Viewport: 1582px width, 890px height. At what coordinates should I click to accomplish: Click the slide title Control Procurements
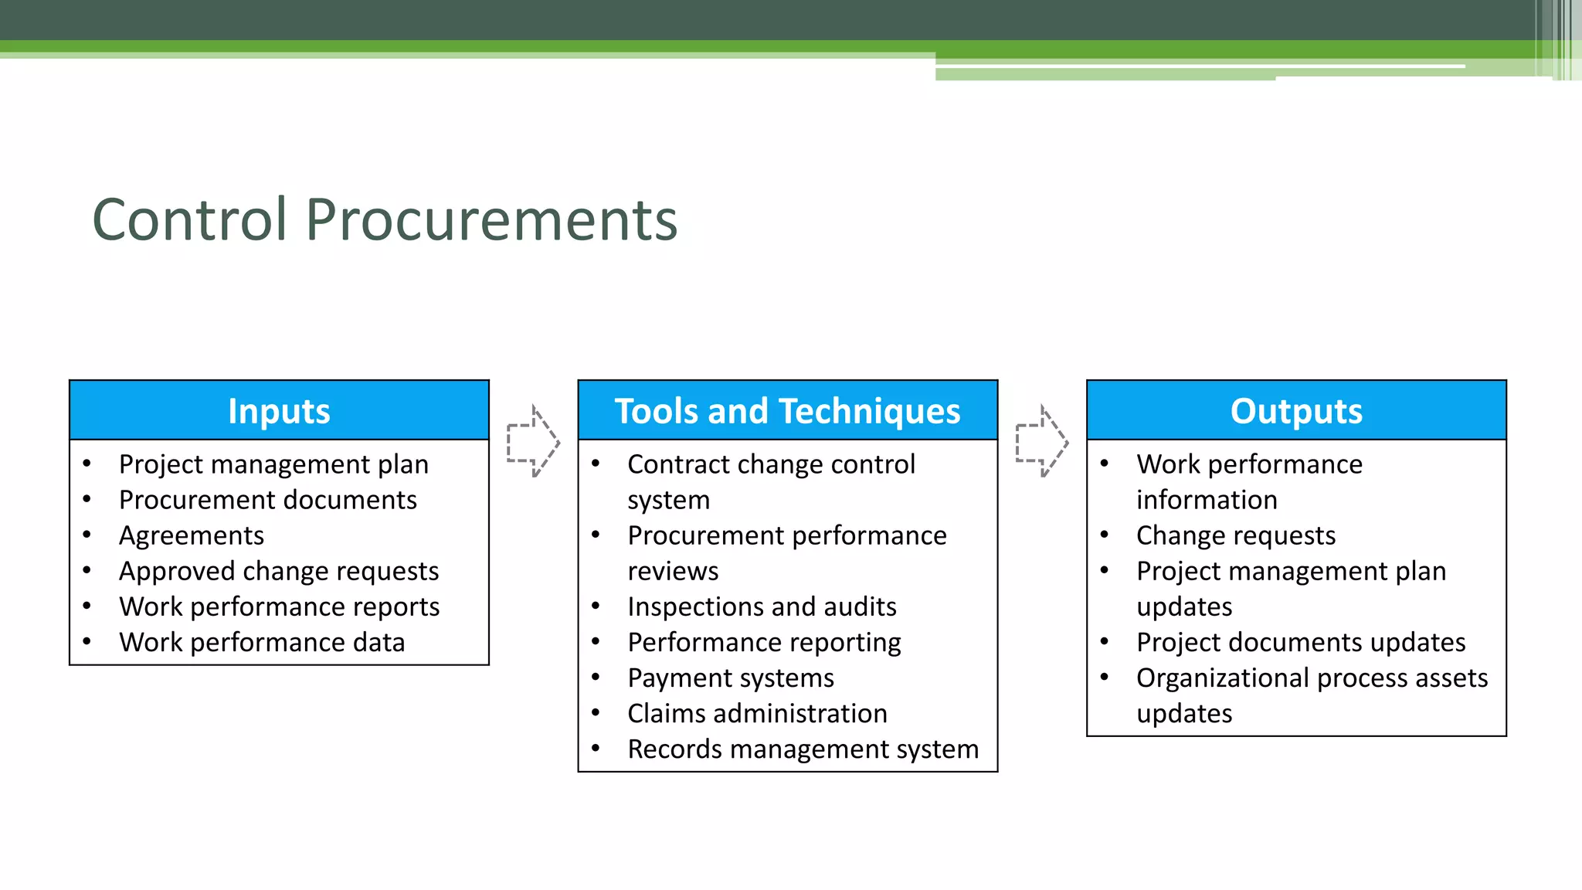[x=385, y=220]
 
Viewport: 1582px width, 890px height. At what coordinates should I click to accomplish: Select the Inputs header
[x=279, y=411]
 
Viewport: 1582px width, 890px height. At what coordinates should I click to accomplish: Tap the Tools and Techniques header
[x=787, y=411]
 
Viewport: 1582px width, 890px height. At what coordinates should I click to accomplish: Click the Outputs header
[x=1296, y=411]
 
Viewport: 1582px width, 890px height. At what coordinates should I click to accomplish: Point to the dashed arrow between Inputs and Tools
[x=533, y=442]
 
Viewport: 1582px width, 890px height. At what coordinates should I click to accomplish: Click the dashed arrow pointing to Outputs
[x=1041, y=442]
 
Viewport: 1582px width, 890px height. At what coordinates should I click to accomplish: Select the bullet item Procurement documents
[x=267, y=500]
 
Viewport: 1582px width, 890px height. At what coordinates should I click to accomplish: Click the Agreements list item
[x=192, y=535]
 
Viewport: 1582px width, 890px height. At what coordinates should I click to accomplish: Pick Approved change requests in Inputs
[x=279, y=571]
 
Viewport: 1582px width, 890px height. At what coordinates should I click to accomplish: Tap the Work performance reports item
[x=279, y=606]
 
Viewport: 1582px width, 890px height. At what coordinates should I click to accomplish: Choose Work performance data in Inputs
[x=262, y=642]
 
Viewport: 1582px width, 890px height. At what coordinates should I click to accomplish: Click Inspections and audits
[x=762, y=606]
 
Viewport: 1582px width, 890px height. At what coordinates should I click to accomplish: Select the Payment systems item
[x=731, y=678]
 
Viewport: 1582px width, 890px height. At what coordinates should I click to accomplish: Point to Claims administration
[x=757, y=713]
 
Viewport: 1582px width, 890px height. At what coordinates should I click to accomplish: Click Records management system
[x=803, y=749]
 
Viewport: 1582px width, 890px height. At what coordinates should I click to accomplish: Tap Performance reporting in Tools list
[x=764, y=642]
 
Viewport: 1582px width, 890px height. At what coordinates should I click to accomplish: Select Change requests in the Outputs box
[x=1236, y=535]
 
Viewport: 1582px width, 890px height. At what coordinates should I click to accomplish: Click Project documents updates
[x=1301, y=642]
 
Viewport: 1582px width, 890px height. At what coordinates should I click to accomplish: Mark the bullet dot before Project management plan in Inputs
[x=87, y=464]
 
